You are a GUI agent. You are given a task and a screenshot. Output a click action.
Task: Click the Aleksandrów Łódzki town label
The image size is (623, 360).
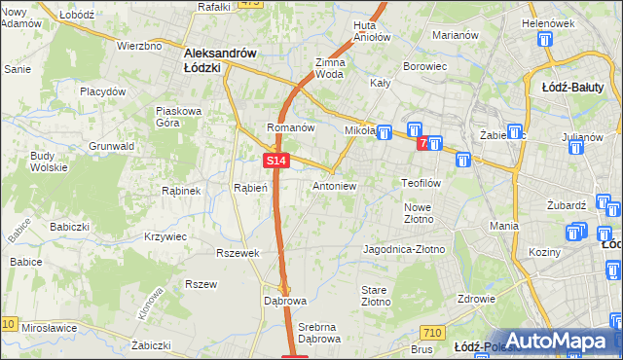click(220, 61)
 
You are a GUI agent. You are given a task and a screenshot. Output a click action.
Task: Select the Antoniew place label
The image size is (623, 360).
click(335, 186)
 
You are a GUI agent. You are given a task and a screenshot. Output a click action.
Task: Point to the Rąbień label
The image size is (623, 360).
click(250, 188)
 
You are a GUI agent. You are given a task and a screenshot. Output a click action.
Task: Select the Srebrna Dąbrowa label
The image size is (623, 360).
click(319, 333)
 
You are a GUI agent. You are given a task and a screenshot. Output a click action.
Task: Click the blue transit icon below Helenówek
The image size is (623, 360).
click(544, 41)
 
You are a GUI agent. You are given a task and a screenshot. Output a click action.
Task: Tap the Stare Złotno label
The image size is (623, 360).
click(376, 297)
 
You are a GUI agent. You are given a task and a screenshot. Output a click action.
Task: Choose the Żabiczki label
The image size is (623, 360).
click(151, 345)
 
